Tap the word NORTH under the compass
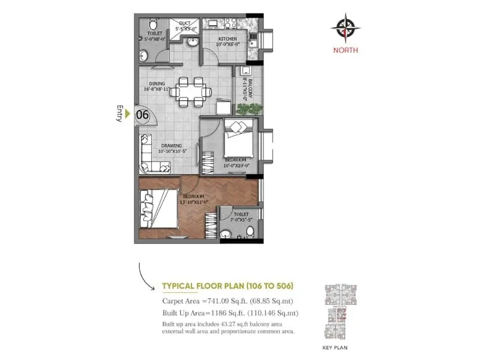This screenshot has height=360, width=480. pyautogui.click(x=346, y=50)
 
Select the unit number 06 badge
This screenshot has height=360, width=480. pyautogui.click(x=143, y=113)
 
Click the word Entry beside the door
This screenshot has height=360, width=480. pyautogui.click(x=119, y=114)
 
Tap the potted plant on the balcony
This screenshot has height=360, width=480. pyautogui.click(x=250, y=109)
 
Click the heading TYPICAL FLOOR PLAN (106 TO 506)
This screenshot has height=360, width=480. pyautogui.click(x=227, y=287)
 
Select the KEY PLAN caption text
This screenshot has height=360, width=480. pyautogui.click(x=336, y=347)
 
